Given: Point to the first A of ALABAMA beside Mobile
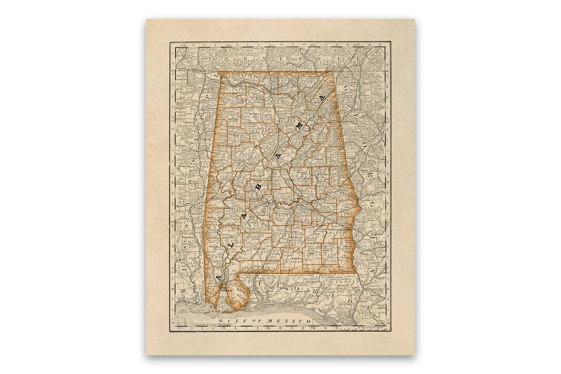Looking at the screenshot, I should click(x=218, y=278).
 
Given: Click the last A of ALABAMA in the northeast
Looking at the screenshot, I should click(x=322, y=98).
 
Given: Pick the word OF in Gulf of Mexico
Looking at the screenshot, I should click(x=256, y=322).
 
